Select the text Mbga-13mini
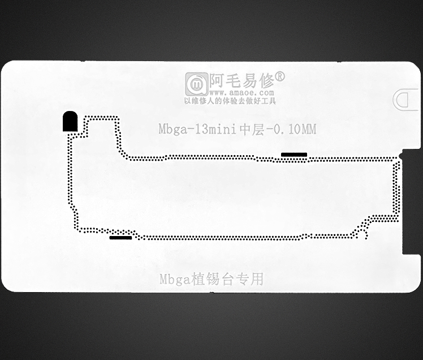click(193, 130)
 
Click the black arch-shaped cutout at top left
click(70, 122)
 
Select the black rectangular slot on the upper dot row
click(294, 155)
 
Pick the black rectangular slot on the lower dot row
click(120, 238)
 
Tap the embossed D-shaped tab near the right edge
click(404, 100)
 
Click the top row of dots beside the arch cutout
click(102, 118)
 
